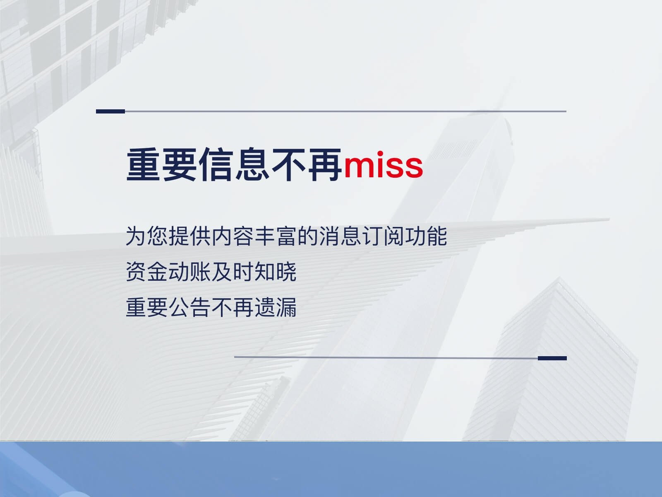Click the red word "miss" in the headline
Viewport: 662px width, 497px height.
(383, 165)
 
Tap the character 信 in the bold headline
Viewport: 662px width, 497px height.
(216, 165)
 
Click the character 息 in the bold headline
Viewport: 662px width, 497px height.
(252, 165)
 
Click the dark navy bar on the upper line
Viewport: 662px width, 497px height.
(110, 111)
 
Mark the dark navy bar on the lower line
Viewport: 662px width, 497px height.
(552, 358)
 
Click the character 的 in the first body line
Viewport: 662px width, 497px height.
(308, 236)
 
